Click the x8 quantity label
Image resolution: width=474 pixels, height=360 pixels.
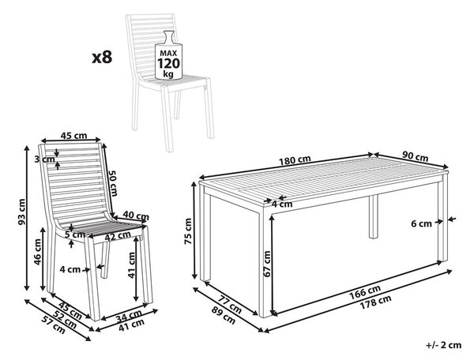(102, 57)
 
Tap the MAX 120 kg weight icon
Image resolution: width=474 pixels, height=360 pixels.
(168, 55)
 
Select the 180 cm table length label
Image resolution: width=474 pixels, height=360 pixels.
(295, 160)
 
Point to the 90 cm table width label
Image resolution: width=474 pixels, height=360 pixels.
(415, 156)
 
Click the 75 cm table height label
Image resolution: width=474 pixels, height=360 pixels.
(188, 231)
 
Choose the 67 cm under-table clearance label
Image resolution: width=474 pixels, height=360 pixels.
(267, 264)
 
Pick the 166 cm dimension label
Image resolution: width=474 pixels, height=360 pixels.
(365, 291)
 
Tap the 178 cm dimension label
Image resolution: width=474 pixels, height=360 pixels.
(375, 302)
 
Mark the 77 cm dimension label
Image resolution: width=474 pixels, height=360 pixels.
(230, 304)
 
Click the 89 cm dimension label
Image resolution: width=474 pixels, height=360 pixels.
(223, 316)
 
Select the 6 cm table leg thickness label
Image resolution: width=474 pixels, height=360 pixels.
(421, 223)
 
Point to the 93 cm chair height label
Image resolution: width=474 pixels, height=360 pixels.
(21, 212)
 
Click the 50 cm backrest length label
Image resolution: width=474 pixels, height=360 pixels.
(113, 183)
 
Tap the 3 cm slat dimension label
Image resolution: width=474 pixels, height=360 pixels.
(44, 159)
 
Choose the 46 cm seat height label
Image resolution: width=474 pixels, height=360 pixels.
(37, 252)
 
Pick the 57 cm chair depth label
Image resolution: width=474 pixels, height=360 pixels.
(55, 325)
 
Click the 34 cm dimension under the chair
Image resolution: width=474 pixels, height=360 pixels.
(129, 316)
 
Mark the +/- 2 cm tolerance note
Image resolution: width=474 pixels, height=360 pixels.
(444, 345)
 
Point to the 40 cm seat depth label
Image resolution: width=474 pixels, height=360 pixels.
(136, 216)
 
